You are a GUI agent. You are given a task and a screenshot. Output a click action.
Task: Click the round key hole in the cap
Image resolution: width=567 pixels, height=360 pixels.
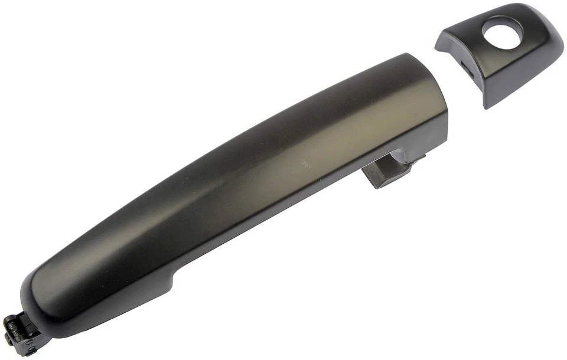502,30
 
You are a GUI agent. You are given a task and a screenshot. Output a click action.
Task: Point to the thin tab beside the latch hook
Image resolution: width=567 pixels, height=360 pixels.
417,160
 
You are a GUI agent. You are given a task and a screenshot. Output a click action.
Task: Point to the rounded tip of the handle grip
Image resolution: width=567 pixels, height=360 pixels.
30,295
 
